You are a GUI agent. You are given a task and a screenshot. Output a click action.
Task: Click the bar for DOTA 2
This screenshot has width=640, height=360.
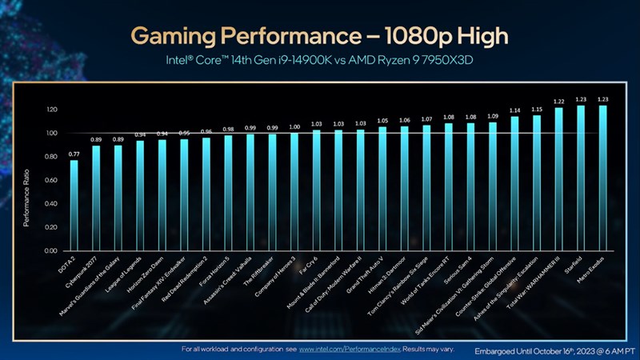[x=74, y=205]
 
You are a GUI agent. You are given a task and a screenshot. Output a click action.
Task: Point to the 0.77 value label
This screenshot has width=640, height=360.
[x=74, y=153]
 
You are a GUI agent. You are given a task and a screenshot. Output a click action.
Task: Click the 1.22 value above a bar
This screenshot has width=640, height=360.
[x=558, y=101]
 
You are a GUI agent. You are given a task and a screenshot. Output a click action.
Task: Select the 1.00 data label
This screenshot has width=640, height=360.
[x=294, y=126]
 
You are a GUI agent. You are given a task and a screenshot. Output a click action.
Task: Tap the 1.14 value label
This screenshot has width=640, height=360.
[x=514, y=110]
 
